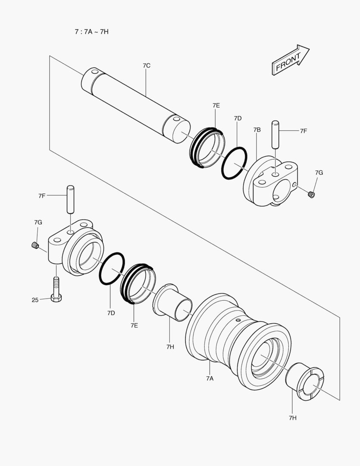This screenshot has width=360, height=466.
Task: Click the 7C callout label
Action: [x=146, y=66]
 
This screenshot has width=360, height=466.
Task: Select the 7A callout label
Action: [x=210, y=378]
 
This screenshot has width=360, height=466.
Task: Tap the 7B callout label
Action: [x=257, y=129]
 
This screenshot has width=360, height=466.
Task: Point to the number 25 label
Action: [x=35, y=300]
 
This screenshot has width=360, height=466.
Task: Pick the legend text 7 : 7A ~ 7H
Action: [x=91, y=31]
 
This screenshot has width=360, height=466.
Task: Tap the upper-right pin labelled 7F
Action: [x=275, y=135]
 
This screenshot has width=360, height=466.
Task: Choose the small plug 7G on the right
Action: [x=311, y=195]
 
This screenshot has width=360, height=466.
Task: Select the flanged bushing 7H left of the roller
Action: [x=172, y=302]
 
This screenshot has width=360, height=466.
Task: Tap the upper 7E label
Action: [x=216, y=105]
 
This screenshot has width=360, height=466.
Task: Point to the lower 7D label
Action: [x=111, y=312]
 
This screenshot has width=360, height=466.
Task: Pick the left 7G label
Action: [x=38, y=222]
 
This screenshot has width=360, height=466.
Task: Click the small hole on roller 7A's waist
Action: [x=238, y=320]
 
